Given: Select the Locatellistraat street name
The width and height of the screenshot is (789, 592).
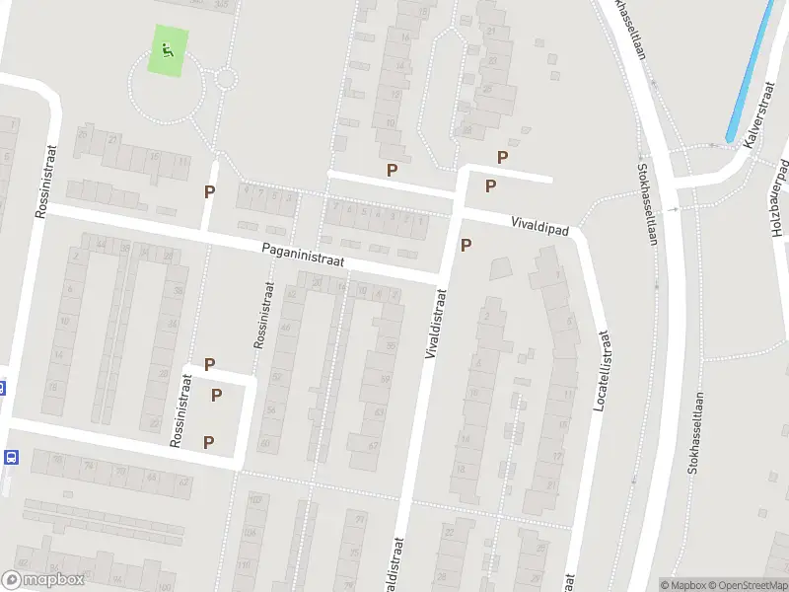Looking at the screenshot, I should point(599,371).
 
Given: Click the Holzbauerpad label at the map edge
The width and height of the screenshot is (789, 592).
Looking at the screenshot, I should point(778,198).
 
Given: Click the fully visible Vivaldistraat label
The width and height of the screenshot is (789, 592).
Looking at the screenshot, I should point(435,323).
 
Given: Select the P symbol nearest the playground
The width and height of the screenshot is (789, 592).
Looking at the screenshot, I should point(209,192).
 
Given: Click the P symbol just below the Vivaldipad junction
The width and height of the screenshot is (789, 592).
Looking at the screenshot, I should point(466,246).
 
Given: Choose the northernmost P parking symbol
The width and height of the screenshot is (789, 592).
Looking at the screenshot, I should point(503,157).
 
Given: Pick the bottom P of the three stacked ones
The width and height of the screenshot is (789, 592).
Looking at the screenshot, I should point(209,441).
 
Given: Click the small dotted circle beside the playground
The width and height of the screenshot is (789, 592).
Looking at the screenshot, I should point(226,78).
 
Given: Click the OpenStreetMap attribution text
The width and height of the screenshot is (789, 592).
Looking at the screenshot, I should point(747,585).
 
